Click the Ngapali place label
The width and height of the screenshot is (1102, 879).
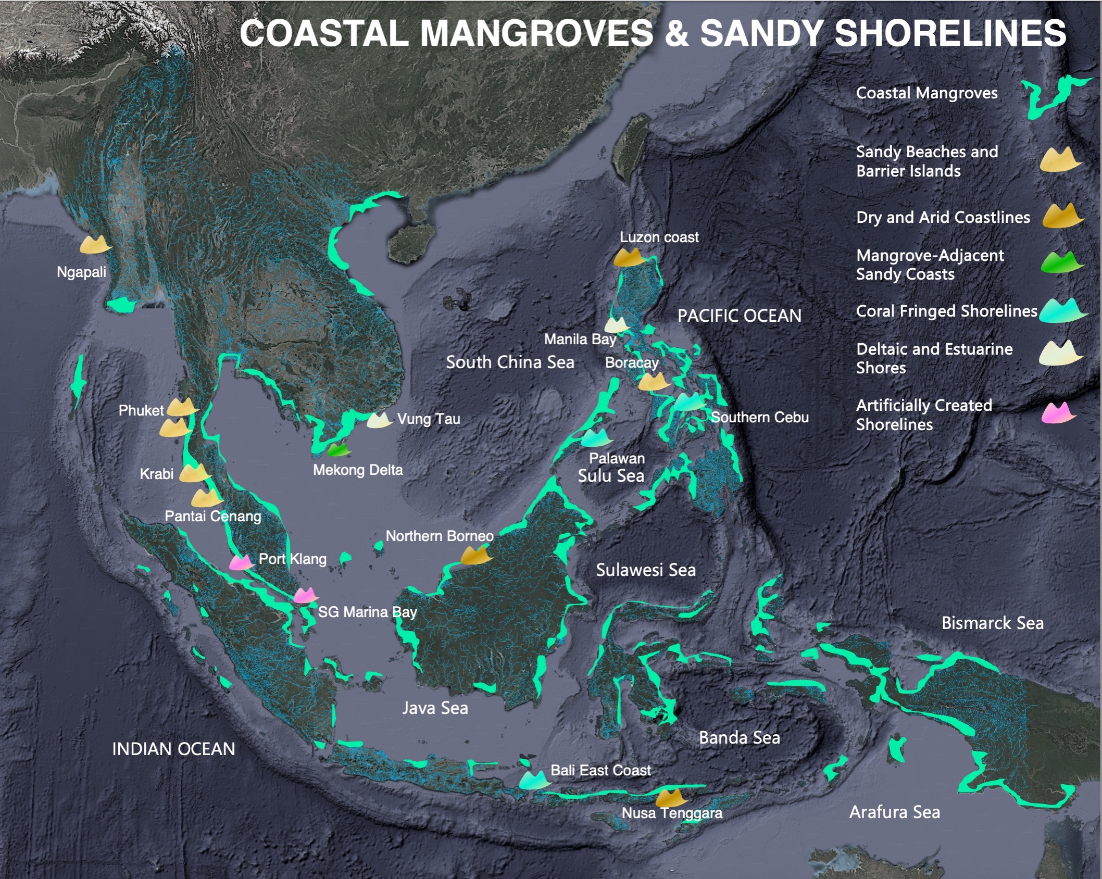tap(81, 272)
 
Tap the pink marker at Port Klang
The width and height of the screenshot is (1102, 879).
tap(241, 562)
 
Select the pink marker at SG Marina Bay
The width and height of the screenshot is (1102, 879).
tap(305, 595)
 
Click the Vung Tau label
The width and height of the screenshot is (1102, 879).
tap(428, 419)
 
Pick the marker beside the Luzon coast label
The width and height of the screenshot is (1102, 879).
tap(629, 257)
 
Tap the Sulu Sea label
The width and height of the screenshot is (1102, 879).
tap(611, 475)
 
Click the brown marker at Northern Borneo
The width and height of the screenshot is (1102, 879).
tap(476, 555)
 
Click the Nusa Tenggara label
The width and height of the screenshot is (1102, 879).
tap(672, 813)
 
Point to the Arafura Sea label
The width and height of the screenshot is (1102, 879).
tap(894, 812)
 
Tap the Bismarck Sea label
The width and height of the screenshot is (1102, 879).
tap(992, 623)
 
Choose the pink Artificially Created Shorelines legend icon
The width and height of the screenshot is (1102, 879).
tap(1058, 413)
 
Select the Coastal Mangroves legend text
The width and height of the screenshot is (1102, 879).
tap(926, 93)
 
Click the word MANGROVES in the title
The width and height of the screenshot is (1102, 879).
tap(536, 33)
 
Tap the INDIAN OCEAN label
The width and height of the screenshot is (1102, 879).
tap(173, 749)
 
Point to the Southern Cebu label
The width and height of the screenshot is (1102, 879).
tap(759, 417)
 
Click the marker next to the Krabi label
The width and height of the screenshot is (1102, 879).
tap(194, 473)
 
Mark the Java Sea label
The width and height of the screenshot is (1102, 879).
tap(435, 708)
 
